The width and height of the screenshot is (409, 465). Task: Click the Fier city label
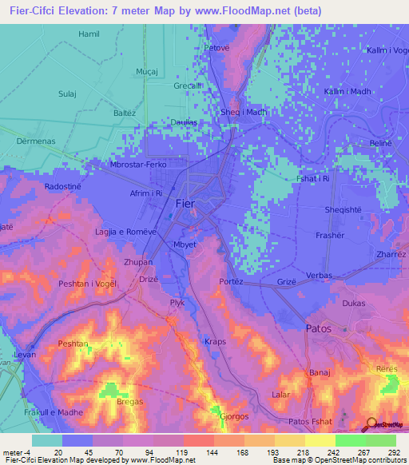click(184, 204)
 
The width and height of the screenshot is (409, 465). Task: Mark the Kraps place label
click(215, 341)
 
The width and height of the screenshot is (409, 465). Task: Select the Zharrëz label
click(391, 254)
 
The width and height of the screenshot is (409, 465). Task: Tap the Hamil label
click(89, 34)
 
